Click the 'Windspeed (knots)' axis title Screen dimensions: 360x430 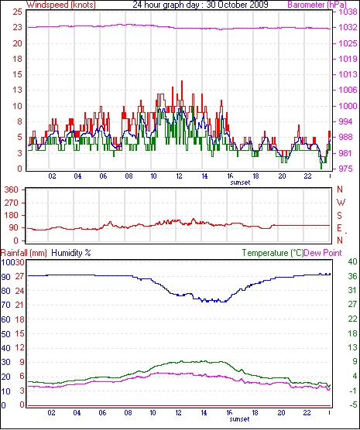61,5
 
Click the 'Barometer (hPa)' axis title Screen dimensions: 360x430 317,5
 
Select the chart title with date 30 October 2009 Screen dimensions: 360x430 201,5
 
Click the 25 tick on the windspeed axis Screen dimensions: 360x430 17,12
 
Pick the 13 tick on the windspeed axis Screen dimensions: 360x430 17,90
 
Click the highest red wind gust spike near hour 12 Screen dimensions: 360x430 182,82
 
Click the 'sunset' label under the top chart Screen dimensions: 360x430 240,183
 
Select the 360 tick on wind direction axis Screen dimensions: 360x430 12,189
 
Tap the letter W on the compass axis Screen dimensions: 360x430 341,203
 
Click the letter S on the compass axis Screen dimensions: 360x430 339,216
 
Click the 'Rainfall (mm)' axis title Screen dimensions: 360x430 24,253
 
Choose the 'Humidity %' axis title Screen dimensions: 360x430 71,253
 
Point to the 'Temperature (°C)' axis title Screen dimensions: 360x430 273,253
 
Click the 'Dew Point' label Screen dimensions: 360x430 323,253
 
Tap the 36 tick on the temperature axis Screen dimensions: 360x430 352,276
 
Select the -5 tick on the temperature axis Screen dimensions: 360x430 351,404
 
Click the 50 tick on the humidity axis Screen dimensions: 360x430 5,334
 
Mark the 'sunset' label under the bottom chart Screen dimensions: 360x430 240,419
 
